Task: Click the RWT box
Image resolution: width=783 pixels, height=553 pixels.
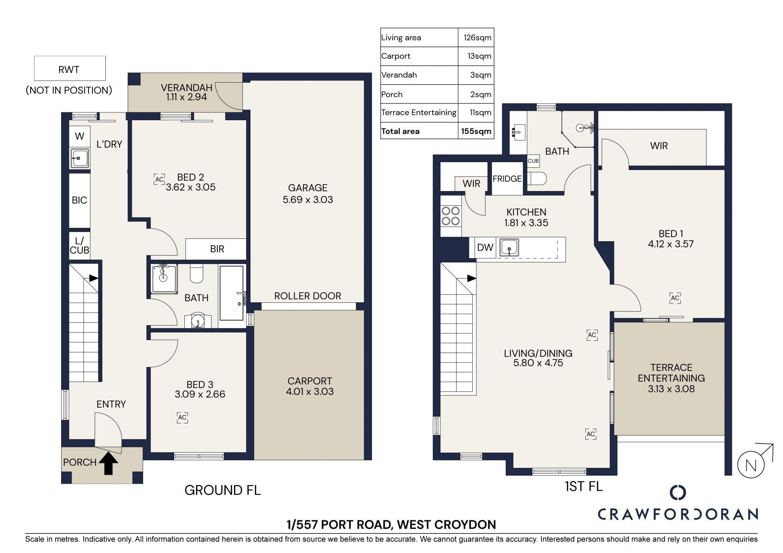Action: coord(70,68)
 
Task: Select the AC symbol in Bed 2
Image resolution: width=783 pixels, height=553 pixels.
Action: coord(159,179)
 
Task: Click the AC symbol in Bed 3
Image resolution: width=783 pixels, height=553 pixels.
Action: coord(182,418)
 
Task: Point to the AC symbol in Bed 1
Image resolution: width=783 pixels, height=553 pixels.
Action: coord(675,298)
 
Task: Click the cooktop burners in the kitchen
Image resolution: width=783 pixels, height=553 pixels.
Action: coord(451,216)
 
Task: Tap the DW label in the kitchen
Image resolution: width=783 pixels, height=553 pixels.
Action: coord(485,247)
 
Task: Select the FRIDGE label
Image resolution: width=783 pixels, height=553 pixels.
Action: coord(507,178)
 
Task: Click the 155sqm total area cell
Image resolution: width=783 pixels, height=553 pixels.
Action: coord(476,131)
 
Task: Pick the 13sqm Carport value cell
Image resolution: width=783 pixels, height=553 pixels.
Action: coord(476,56)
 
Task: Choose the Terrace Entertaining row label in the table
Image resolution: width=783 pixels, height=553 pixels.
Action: coord(419,112)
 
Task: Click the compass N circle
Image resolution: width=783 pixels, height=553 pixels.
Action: coord(751,465)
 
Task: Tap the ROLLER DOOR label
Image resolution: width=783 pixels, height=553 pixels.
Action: coord(307,296)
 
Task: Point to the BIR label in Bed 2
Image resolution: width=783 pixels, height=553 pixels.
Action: coord(217,249)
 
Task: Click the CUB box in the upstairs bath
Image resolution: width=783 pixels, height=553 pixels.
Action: coord(533,161)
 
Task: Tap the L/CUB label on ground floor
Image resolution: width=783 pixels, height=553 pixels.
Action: coord(80,246)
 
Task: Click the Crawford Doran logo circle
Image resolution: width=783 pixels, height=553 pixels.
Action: coord(678,492)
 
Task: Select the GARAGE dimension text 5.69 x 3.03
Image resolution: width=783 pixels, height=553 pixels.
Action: coord(307,200)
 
